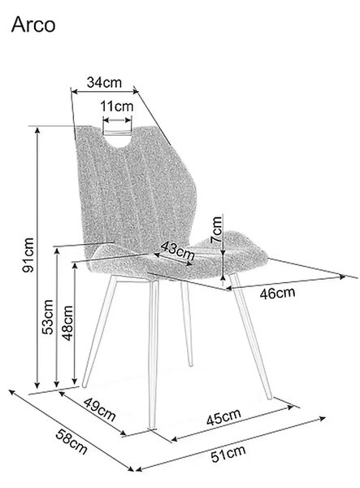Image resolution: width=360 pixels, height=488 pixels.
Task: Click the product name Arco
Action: pyautogui.click(x=33, y=25)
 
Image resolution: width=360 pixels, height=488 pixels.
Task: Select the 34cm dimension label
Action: pyautogui.click(x=104, y=82)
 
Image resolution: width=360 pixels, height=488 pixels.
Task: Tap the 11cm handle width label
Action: pyautogui.click(x=116, y=107)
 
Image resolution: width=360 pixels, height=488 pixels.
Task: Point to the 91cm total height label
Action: pyautogui.click(x=28, y=255)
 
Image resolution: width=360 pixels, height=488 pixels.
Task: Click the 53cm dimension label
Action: pyautogui.click(x=48, y=317)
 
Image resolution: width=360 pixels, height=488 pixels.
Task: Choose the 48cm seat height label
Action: pyautogui.click(x=67, y=323)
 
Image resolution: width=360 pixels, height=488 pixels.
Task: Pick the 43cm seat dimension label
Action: pyautogui.click(x=178, y=251)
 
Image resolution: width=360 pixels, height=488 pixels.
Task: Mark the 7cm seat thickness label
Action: pyautogui.click(x=216, y=229)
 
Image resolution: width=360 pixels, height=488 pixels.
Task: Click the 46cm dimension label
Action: pyautogui.click(x=277, y=293)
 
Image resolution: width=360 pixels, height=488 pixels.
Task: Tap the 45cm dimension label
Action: pyautogui.click(x=223, y=416)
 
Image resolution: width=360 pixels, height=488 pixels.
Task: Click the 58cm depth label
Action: pyautogui.click(x=72, y=442)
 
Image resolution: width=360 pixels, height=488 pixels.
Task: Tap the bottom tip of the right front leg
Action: pyautogui.click(x=269, y=397)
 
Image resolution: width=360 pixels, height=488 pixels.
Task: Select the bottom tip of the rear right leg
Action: pyautogui.click(x=191, y=364)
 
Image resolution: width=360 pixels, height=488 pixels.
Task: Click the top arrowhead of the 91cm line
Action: pyautogui.click(x=37, y=130)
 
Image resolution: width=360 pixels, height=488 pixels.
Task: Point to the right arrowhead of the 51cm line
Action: pyautogui.click(x=322, y=418)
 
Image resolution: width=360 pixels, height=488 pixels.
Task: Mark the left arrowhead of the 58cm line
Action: pyautogui.click(x=11, y=391)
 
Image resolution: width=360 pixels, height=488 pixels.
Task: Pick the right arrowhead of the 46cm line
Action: pyautogui.click(x=342, y=277)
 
